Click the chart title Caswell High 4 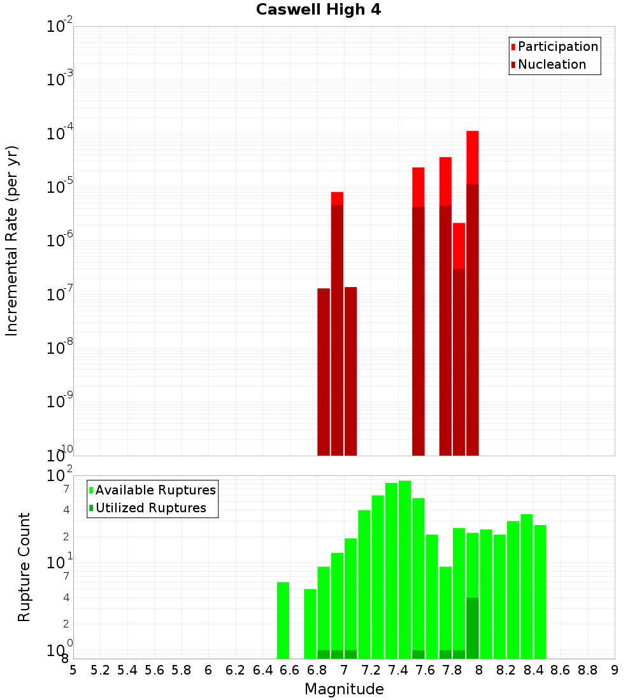pyautogui.click(x=318, y=10)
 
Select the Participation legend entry pyautogui.click(x=558, y=46)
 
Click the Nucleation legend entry pyautogui.click(x=552, y=64)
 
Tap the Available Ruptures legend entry pyautogui.click(x=155, y=490)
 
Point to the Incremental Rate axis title pyautogui.click(x=12, y=241)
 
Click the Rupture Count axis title pyautogui.click(x=24, y=567)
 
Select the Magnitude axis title pyautogui.click(x=344, y=689)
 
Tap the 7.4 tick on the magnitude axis pyautogui.click(x=398, y=670)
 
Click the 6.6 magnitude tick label pyautogui.click(x=290, y=670)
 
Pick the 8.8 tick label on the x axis pyautogui.click(x=587, y=670)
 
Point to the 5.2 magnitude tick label pyautogui.click(x=100, y=670)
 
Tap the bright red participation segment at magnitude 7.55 pyautogui.click(x=419, y=187)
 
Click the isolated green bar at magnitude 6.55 pyautogui.click(x=283, y=620)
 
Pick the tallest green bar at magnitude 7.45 pyautogui.click(x=405, y=566)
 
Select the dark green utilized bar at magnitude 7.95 pyautogui.click(x=473, y=627)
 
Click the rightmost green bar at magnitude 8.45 pyautogui.click(x=540, y=592)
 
